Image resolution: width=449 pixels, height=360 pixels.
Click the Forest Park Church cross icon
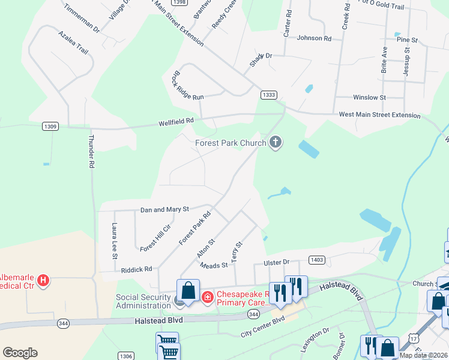pyautogui.click(x=276, y=142)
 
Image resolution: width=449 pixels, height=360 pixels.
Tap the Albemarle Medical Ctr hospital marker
pyautogui.click(x=43, y=280)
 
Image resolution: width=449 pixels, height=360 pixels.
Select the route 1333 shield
pyautogui.click(x=268, y=95)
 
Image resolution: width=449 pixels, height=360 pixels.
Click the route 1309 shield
pyautogui.click(x=50, y=126)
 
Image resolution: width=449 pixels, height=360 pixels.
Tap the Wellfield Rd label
pyautogui.click(x=176, y=121)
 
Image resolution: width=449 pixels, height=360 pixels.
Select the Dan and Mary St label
pyautogui.click(x=164, y=209)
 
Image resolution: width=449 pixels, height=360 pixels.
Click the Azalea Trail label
pyautogui.click(x=73, y=43)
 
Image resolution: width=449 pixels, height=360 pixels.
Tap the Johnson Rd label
pyautogui.click(x=314, y=38)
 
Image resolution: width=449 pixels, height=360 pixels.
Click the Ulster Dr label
pyautogui.click(x=277, y=262)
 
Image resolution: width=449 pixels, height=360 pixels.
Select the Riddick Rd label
pyautogui.click(x=136, y=269)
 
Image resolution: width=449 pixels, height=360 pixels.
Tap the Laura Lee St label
pyautogui.click(x=114, y=241)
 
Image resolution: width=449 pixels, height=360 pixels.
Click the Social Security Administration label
pyautogui.click(x=143, y=302)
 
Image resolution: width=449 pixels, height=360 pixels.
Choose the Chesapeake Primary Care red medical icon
pyautogui.click(x=207, y=297)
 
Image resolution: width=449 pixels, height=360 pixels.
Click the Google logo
pyautogui.click(x=20, y=353)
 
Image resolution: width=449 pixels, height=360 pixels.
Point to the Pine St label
pyautogui.click(x=406, y=40)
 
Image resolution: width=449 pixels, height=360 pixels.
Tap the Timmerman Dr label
pyautogui.click(x=82, y=19)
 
